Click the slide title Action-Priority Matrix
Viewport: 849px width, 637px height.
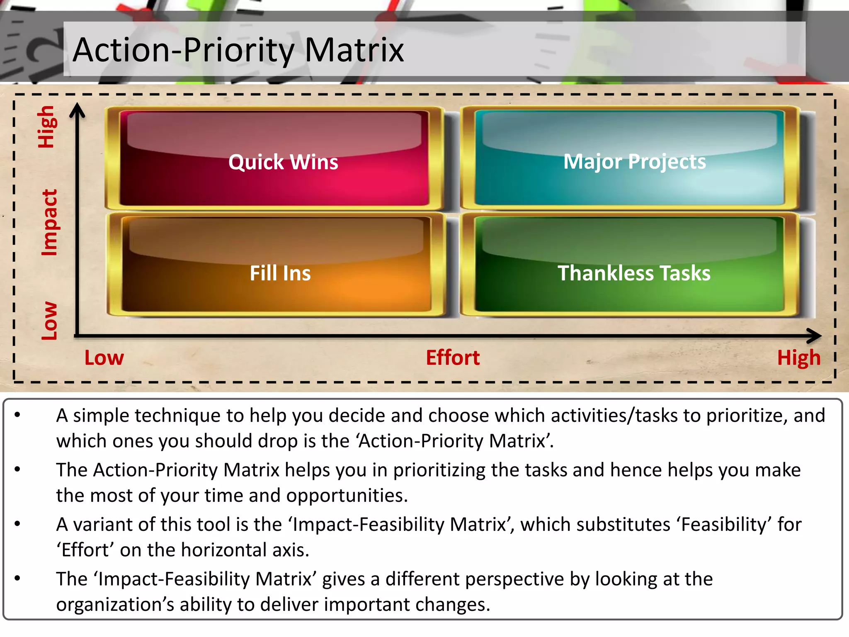[238, 50]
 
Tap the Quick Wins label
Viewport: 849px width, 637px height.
[283, 162]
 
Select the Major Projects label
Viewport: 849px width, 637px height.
[634, 161]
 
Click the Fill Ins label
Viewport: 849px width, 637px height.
[280, 273]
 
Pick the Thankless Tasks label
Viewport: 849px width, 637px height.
[634, 273]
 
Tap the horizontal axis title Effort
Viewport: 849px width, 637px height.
[453, 358]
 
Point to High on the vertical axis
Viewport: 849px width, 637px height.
[46, 127]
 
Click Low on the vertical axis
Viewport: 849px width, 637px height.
[49, 321]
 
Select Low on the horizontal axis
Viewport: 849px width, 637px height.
[104, 358]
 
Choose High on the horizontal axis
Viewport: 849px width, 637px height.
[798, 358]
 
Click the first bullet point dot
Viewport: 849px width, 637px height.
[17, 415]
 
